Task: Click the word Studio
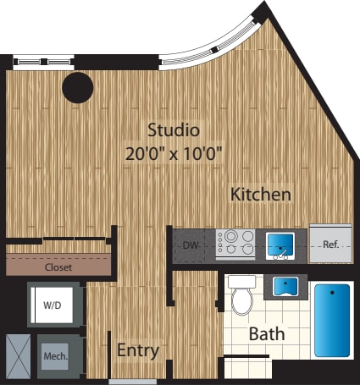coord(174,130)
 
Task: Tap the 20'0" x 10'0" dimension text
coord(174,154)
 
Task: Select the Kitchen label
coord(261,195)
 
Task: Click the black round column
coord(78,88)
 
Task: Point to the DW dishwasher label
coord(191,245)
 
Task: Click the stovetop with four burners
coord(235,243)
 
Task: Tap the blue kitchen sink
coord(280,246)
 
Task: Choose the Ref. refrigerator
coord(330,244)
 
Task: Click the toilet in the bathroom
coord(242,294)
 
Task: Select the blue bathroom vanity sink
coord(285,287)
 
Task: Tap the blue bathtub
coord(332,321)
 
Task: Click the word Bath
coord(267,334)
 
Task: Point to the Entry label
coord(138,350)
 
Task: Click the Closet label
coord(58,267)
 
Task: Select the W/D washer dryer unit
coord(53,305)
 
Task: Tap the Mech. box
coord(55,356)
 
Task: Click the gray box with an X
coord(18,356)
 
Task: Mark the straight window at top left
coord(44,62)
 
